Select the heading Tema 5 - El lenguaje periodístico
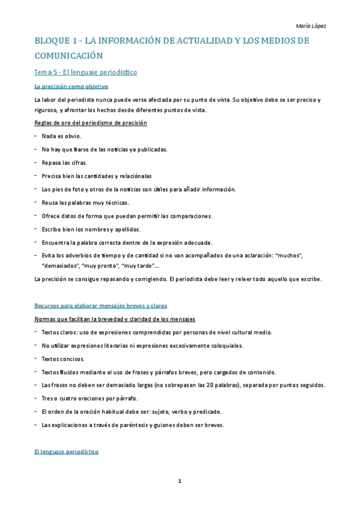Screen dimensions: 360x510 [x=86, y=72]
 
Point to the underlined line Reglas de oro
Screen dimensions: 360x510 [x=91, y=123]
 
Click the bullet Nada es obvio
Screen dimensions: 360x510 [x=61, y=136]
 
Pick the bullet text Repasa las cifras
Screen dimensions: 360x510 [x=64, y=162]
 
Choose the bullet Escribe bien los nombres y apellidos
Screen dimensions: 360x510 [x=91, y=229]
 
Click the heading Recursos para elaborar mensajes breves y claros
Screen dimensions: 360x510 [x=100, y=306]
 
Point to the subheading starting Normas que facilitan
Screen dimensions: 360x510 [x=114, y=318]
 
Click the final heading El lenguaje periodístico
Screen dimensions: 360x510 [x=66, y=451]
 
